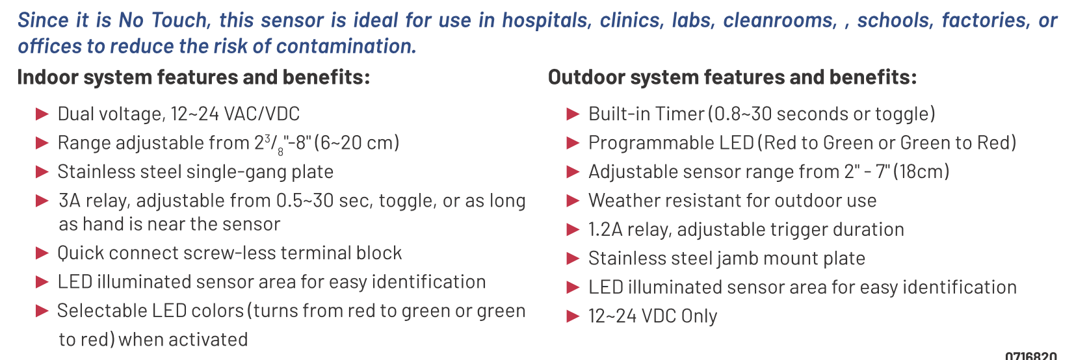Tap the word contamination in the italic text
tap(346, 47)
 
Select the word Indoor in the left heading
tap(48, 77)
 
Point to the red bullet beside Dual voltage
tap(42, 114)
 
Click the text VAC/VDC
tap(262, 114)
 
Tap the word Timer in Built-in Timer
tap(679, 114)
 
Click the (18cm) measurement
tap(921, 172)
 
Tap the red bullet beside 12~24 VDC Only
tap(573, 316)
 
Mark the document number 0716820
tap(1031, 355)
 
